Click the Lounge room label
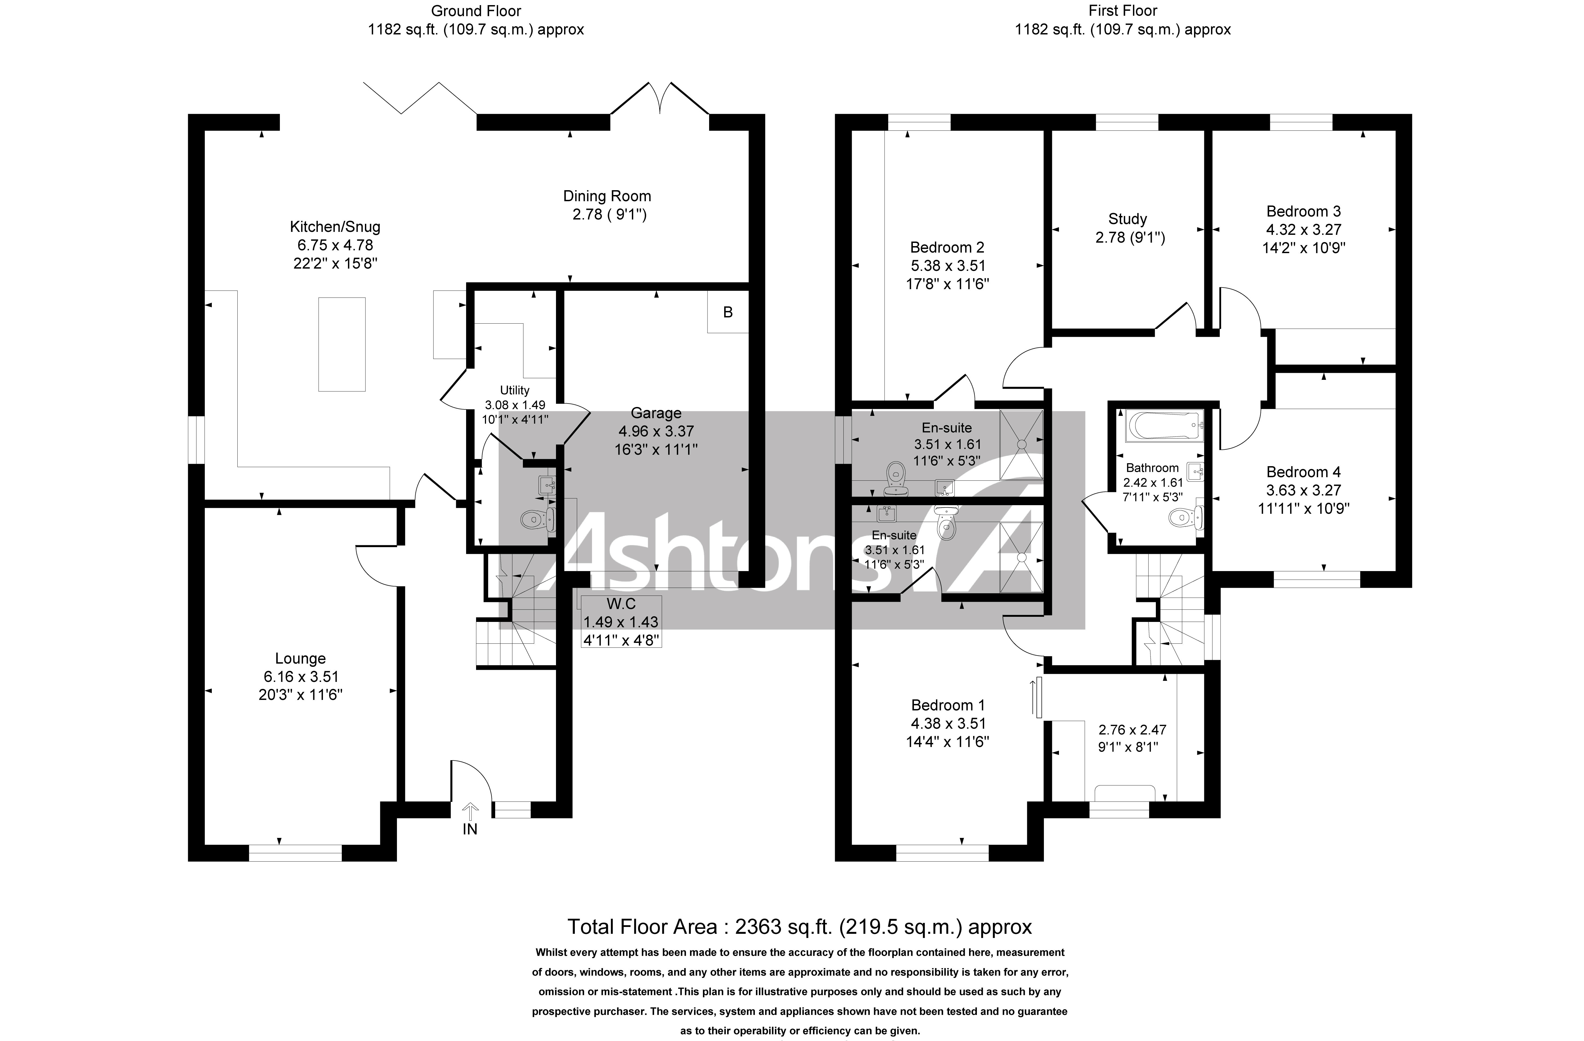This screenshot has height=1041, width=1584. tap(300, 658)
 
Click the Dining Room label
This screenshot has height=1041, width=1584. tap(607, 196)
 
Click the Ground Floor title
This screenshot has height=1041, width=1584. tap(476, 11)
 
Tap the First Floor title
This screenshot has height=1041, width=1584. tap(1123, 11)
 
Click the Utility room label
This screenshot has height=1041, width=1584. tap(515, 391)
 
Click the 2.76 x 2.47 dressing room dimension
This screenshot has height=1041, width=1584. tap(1132, 730)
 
